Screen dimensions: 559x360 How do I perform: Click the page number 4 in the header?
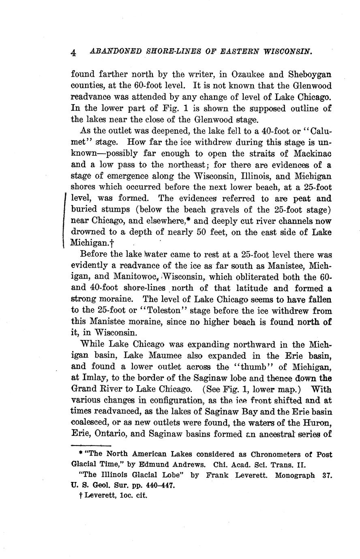pyautogui.click(x=74, y=53)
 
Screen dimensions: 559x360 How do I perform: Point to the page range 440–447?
pyautogui.click(x=156, y=485)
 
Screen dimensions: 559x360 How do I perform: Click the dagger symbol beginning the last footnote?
pyautogui.click(x=81, y=495)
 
